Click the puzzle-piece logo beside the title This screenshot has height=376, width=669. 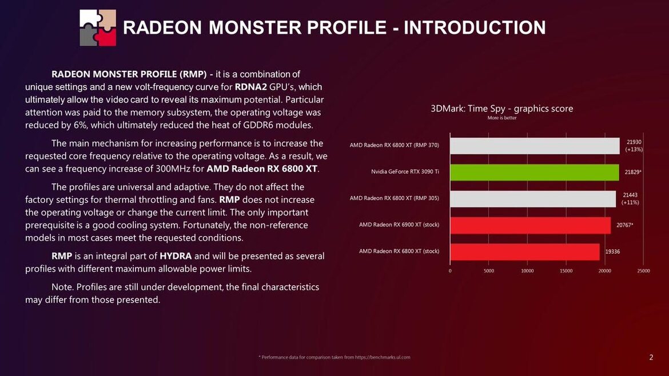[x=98, y=27]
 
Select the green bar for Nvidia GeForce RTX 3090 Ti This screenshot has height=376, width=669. [x=534, y=172]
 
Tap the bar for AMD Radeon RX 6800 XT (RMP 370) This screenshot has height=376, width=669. [x=535, y=146]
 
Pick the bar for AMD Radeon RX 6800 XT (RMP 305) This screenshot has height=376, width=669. [x=533, y=199]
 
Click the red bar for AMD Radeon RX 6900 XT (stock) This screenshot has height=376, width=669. [x=530, y=225]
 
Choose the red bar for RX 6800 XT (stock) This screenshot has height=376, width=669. [x=524, y=251]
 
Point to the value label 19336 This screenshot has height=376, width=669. [x=612, y=251]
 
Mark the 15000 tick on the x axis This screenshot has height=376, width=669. [x=566, y=271]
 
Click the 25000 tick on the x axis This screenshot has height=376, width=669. [x=643, y=271]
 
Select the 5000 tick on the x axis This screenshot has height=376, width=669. [x=489, y=271]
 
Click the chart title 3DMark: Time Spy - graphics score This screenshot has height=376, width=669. [x=501, y=109]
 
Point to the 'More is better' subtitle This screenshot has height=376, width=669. [x=501, y=118]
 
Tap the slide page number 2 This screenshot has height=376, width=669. [x=651, y=358]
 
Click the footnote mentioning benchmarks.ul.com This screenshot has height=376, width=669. [x=334, y=357]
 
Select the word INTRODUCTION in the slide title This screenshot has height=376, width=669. [x=475, y=27]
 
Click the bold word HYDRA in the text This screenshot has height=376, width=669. [x=176, y=255]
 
